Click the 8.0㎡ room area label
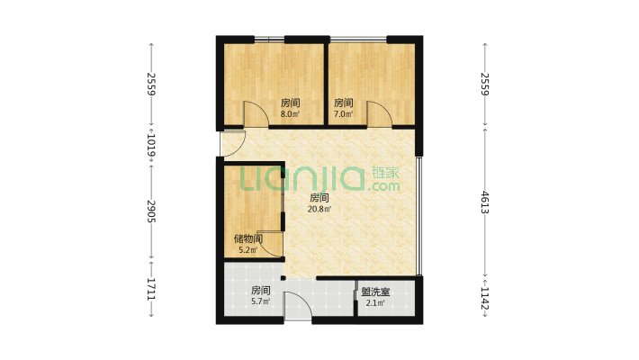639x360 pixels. pos(290,115)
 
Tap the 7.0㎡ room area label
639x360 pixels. pos(343,115)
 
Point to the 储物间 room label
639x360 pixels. pos(247,238)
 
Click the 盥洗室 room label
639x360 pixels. pos(375,292)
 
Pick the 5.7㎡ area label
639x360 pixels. pos(261,302)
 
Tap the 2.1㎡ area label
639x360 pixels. pos(375,303)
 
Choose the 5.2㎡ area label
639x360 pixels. pos(247,250)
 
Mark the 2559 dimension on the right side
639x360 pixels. pos(485,84)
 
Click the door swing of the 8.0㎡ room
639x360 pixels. pos(256,113)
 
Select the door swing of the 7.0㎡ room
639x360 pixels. pos(378,113)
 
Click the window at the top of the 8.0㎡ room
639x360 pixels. pos(269,38)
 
